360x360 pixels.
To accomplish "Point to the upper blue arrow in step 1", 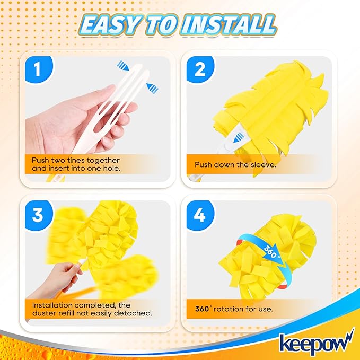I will pyautogui.click(x=124, y=66).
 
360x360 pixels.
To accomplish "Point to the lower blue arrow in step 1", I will pyautogui.click(x=153, y=87).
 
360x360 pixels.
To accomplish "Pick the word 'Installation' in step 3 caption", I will pyautogui.click(x=53, y=305).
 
